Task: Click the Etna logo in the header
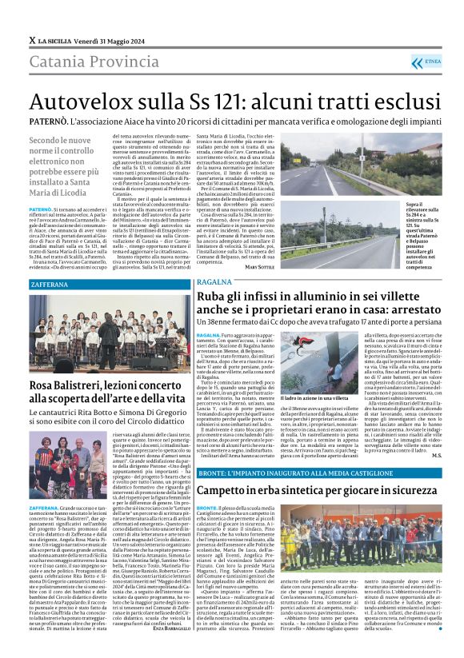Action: pyautogui.click(x=430, y=61)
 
